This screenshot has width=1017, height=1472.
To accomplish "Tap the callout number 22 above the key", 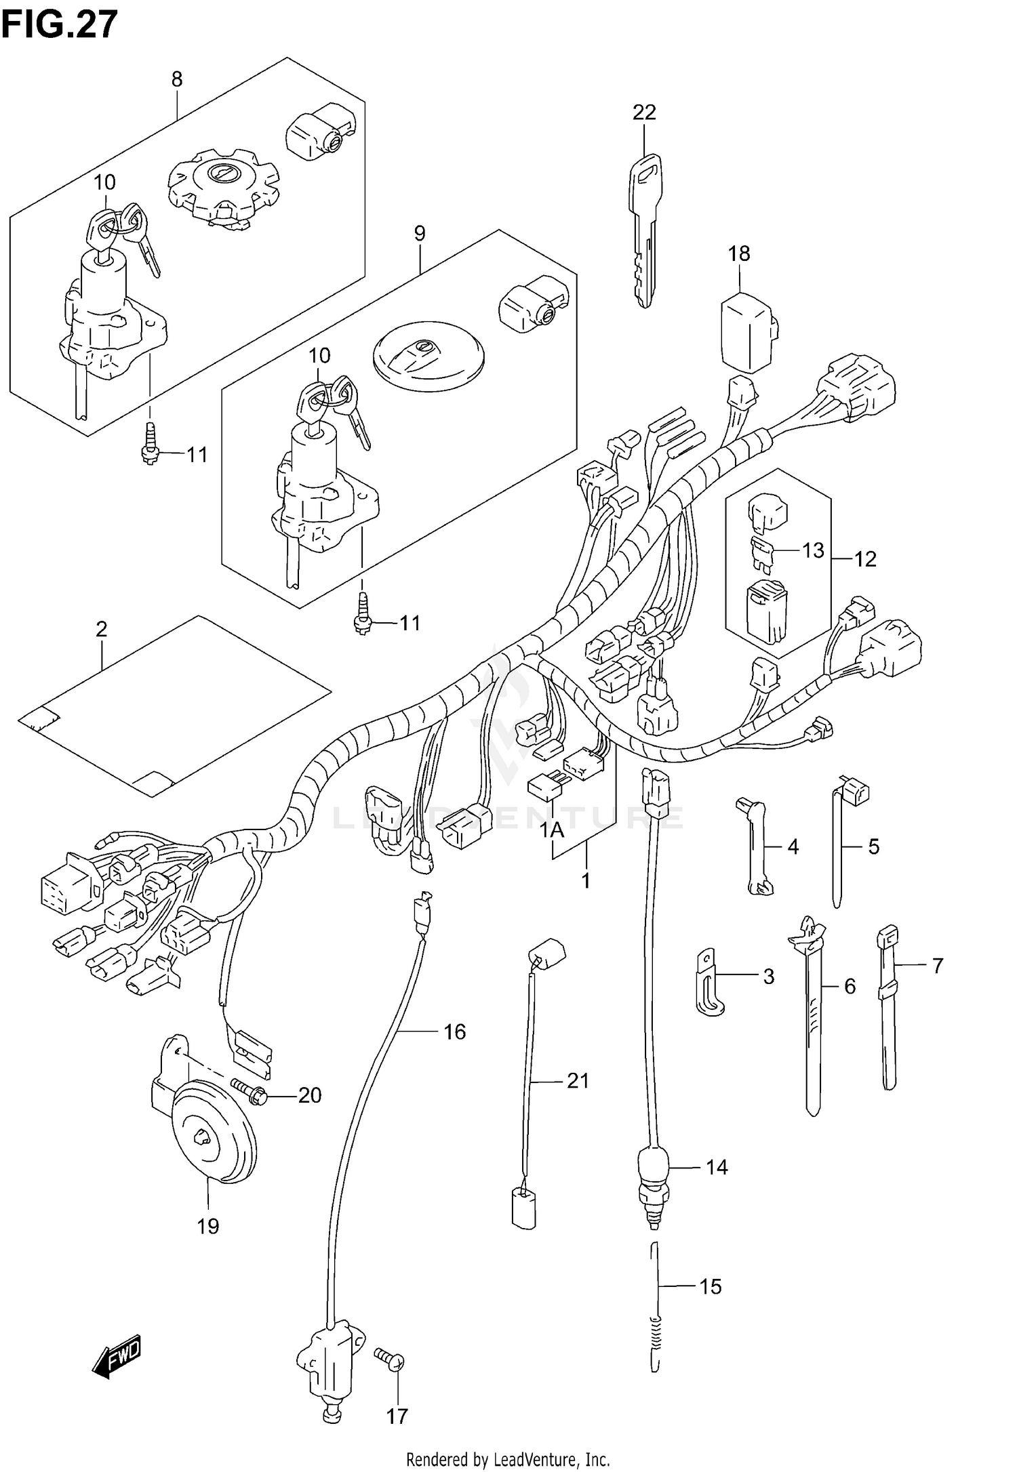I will [x=644, y=113].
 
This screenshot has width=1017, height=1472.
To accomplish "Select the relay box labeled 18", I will [x=748, y=332].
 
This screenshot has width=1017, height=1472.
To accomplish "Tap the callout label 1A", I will [x=553, y=830].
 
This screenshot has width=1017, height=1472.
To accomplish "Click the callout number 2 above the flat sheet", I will [x=101, y=630].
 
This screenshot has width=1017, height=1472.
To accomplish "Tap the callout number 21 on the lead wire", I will [x=578, y=1080].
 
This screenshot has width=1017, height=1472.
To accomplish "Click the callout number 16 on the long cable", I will [x=454, y=1031].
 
